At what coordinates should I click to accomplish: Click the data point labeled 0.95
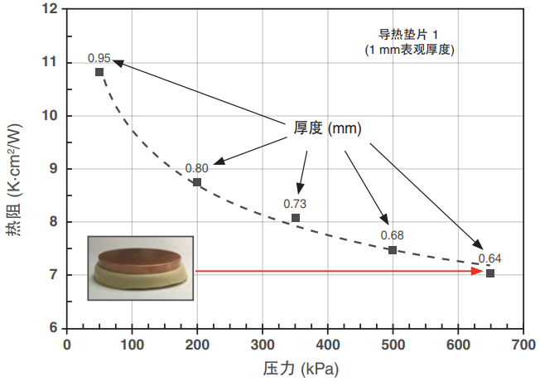pyautogui.click(x=99, y=72)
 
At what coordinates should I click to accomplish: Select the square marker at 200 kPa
pyautogui.click(x=197, y=182)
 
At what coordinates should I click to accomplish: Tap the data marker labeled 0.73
pyautogui.click(x=296, y=218)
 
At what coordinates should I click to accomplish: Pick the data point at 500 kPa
pyautogui.click(x=393, y=250)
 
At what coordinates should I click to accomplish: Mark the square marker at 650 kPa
pyautogui.click(x=490, y=273)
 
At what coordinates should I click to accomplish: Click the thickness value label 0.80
pyautogui.click(x=197, y=167)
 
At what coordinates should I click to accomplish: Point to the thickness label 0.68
pyautogui.click(x=392, y=234)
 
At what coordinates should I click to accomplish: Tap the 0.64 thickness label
pyautogui.click(x=489, y=258)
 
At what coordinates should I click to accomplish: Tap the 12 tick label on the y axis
pyautogui.click(x=51, y=9)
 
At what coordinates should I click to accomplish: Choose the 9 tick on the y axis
pyautogui.click(x=54, y=168)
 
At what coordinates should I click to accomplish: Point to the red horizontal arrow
pyautogui.click(x=340, y=271)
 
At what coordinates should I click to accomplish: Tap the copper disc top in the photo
pyautogui.click(x=138, y=256)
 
